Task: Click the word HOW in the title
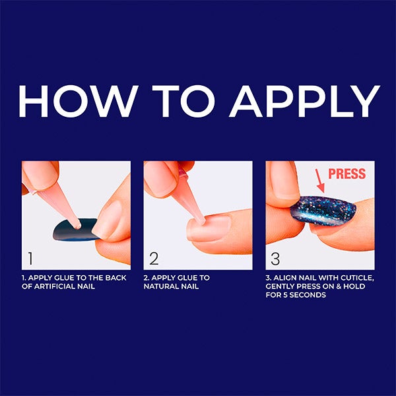pyautogui.click(x=79, y=101)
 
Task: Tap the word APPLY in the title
pyautogui.click(x=304, y=101)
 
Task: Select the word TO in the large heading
pyautogui.click(x=183, y=101)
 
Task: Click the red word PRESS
pyautogui.click(x=346, y=174)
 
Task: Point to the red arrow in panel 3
pyautogui.click(x=320, y=181)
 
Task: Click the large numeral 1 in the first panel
pyautogui.click(x=30, y=258)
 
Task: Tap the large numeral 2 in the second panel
pyautogui.click(x=154, y=258)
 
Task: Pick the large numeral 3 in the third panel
pyautogui.click(x=275, y=258)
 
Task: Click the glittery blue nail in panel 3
pyautogui.click(x=323, y=211)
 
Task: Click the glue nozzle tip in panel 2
pyautogui.click(x=202, y=222)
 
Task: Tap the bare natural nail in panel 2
pyautogui.click(x=209, y=228)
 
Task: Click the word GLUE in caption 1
pyautogui.click(x=65, y=278)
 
